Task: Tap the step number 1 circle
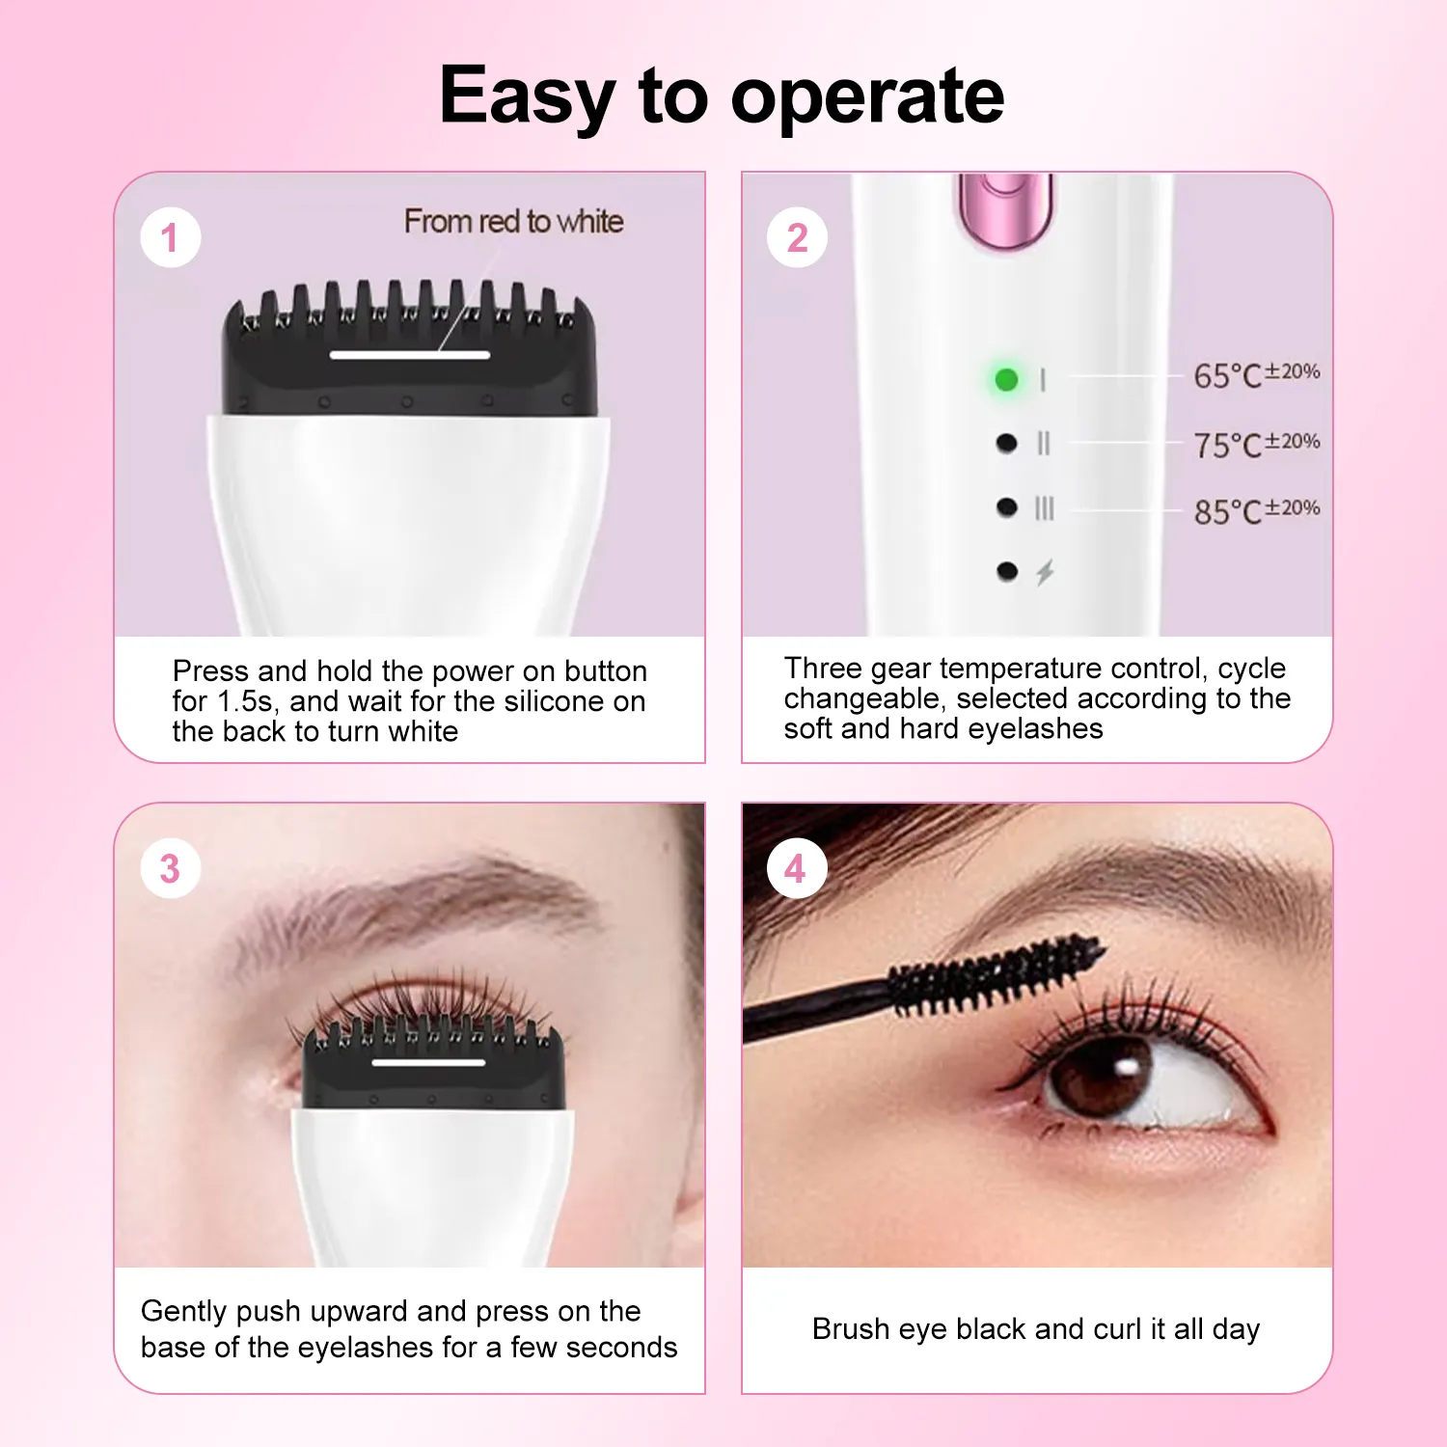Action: pyautogui.click(x=170, y=237)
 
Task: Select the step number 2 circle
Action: pyautogui.click(x=797, y=237)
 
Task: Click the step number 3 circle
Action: pyautogui.click(x=170, y=868)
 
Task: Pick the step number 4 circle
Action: pyautogui.click(x=796, y=868)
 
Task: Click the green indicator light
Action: pyautogui.click(x=1006, y=379)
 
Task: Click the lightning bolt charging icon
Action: pyautogui.click(x=1045, y=573)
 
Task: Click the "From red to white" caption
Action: pyautogui.click(x=513, y=221)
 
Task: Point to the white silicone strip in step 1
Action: pyautogui.click(x=409, y=355)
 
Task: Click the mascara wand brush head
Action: pyautogui.click(x=994, y=974)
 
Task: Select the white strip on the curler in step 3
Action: pyautogui.click(x=427, y=1062)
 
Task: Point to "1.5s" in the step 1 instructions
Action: pyautogui.click(x=245, y=701)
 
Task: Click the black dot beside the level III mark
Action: pyautogui.click(x=1006, y=507)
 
